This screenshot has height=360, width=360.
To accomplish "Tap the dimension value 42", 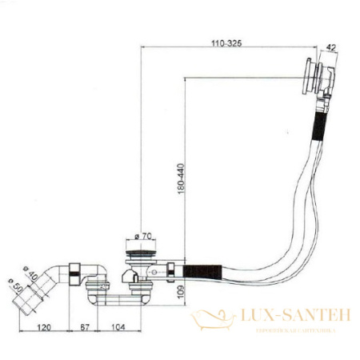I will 330,46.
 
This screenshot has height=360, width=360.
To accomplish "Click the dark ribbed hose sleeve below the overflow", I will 318,127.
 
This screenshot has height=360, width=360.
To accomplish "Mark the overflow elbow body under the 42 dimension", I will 321,84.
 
